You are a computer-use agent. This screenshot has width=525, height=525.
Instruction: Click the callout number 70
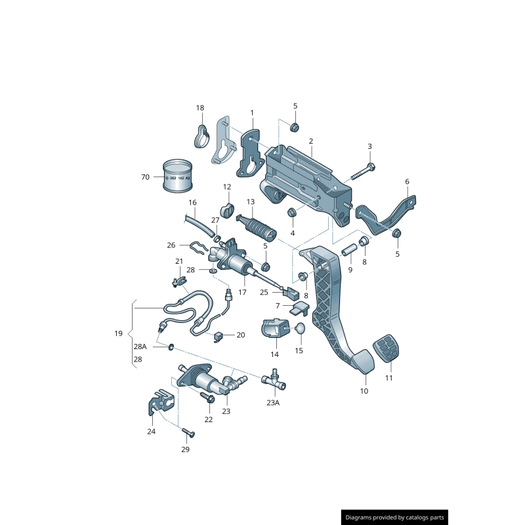(145, 177)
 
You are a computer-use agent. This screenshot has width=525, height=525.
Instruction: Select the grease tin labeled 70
(177, 177)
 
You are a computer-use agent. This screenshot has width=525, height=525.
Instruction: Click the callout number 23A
(273, 404)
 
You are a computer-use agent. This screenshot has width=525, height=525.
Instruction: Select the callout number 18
(200, 108)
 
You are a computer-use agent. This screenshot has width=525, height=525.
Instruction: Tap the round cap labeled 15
(299, 328)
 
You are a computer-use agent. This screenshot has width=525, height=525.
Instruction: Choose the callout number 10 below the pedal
(364, 391)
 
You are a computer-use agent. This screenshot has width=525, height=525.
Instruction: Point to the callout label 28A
(140, 346)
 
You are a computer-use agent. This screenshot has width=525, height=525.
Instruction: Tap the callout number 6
(407, 182)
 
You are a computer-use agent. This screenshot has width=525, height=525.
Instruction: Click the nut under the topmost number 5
(295, 127)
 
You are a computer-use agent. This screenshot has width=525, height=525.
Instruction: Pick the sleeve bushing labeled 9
(350, 251)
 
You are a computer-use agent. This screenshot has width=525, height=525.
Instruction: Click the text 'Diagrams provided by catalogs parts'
(395, 518)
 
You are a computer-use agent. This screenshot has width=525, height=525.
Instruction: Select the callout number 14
(274, 354)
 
